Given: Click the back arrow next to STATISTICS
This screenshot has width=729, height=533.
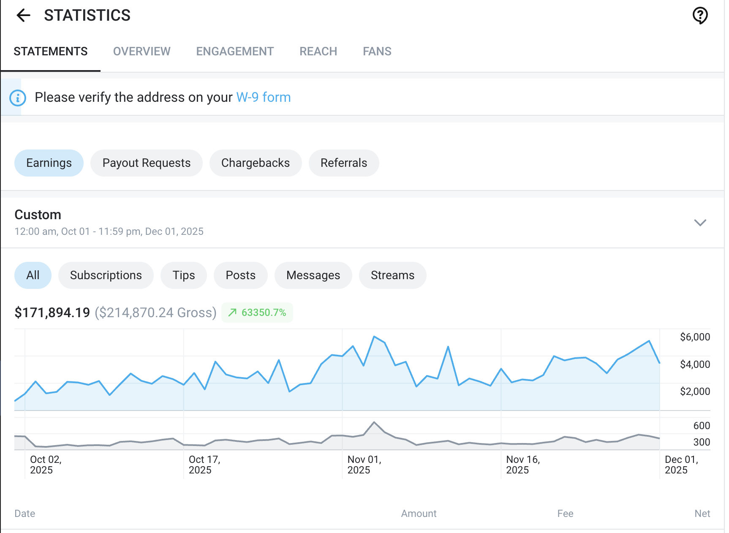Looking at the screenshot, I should [x=23, y=16].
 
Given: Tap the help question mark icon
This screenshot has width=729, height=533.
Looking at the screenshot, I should [x=700, y=16].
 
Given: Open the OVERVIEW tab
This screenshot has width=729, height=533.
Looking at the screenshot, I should [x=141, y=52].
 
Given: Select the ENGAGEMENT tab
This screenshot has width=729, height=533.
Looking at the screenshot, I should [x=235, y=52].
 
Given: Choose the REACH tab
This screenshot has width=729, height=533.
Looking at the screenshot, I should [x=318, y=52].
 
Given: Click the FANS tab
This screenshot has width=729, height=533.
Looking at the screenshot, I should [x=377, y=52].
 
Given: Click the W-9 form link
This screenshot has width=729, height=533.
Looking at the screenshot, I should [x=263, y=98].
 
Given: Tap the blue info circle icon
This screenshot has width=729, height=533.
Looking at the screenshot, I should [x=18, y=98].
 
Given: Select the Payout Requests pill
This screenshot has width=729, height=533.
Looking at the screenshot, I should [x=146, y=163].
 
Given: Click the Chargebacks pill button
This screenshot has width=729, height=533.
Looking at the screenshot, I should [x=255, y=163].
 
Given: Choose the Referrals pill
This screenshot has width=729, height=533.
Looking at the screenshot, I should [x=343, y=163].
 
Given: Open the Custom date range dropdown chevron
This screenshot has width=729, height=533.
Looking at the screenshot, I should [x=700, y=223].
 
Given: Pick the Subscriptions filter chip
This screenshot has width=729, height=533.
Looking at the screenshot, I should [x=106, y=275].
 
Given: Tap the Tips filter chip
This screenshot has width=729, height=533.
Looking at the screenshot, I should [x=183, y=275].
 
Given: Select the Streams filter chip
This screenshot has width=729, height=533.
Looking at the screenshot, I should [x=392, y=275].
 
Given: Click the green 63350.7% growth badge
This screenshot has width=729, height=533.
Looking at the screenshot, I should [x=257, y=313].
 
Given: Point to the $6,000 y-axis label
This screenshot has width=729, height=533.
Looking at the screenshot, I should [x=694, y=337].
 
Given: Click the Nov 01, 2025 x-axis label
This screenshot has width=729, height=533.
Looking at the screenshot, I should [x=364, y=465].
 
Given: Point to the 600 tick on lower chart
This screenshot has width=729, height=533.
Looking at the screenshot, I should [x=701, y=426].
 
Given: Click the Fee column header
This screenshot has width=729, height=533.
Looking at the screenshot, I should [x=565, y=514].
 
